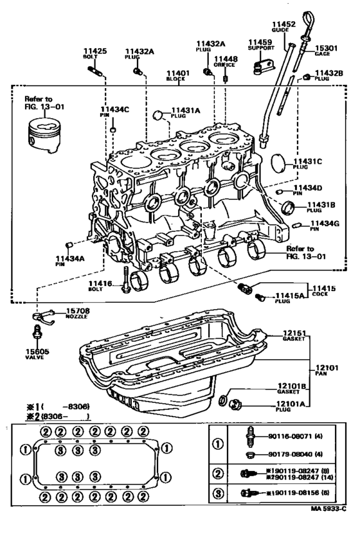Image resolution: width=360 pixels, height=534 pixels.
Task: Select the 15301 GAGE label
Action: point(323,49)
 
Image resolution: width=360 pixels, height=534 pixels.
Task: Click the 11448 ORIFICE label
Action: point(226,60)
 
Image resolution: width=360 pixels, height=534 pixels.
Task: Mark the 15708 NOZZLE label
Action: point(77,314)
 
